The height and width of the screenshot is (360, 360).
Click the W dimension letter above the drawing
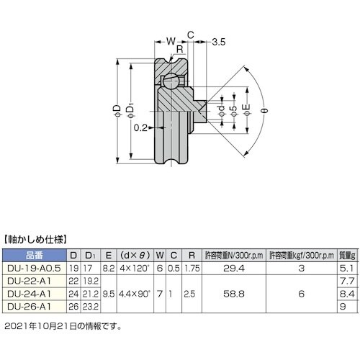[x=171, y=42]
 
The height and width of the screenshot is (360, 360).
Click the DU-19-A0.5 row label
[x=35, y=267]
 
